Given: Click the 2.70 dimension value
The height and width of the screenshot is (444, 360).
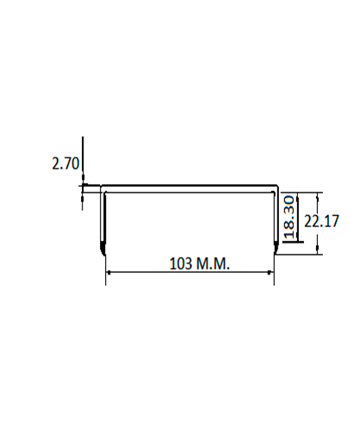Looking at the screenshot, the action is coord(65,163).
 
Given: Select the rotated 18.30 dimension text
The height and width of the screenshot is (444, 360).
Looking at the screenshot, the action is coord(289,217).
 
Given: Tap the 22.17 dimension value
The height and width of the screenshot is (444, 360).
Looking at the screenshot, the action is coord(321,221).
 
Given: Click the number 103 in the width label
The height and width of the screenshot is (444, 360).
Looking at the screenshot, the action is coord(181,263).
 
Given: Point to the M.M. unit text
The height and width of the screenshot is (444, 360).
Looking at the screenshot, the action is coord(213,263).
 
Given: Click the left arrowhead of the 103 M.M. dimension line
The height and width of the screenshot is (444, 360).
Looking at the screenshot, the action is coord(108,273).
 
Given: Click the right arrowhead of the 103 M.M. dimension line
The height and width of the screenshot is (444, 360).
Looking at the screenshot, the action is coord(270,273).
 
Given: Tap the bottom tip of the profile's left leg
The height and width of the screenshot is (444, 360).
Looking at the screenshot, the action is coord(103,254).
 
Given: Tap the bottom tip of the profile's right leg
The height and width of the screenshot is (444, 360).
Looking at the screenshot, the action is coord(276,254).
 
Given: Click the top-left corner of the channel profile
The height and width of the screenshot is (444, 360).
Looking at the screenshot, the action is coord(101,186).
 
